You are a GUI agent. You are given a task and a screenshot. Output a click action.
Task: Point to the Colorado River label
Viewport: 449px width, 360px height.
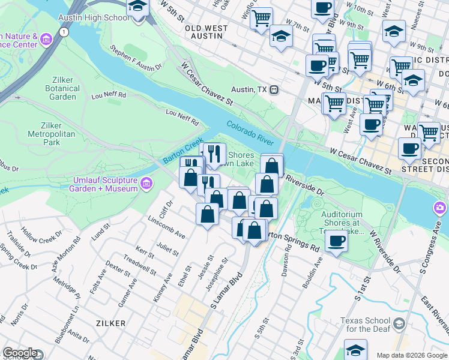(x=250, y=133)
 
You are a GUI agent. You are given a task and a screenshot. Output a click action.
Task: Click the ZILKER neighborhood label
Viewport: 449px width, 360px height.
(x=110, y=323)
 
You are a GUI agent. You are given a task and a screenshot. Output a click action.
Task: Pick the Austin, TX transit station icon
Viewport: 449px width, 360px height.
(x=274, y=89)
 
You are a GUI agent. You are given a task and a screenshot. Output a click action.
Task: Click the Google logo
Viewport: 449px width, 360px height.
(x=20, y=353)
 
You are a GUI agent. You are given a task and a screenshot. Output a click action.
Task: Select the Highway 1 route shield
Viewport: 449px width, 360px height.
(x=62, y=31)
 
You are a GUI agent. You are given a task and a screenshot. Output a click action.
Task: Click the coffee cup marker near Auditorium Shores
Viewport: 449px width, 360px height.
(x=336, y=241)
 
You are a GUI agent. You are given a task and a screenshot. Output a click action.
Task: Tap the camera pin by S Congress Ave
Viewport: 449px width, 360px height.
(x=440, y=208)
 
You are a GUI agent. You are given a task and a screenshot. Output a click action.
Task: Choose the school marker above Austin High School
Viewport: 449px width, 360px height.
(x=138, y=7)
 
